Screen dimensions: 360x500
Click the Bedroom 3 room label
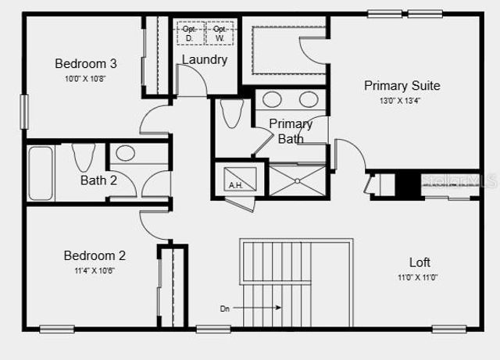(85, 63)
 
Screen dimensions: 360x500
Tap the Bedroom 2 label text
(95, 255)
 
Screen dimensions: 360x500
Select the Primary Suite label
(402, 85)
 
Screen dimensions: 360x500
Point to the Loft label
(420, 262)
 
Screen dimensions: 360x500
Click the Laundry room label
(205, 59)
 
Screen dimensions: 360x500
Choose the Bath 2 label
(98, 180)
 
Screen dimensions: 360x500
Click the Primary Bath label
(291, 131)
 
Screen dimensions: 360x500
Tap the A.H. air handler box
(234, 185)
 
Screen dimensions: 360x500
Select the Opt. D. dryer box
(190, 33)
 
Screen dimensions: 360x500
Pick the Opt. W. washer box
(220, 33)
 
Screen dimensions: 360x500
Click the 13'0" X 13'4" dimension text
(402, 101)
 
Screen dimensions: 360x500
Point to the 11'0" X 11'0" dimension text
(419, 277)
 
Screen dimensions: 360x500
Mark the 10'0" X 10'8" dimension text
(85, 79)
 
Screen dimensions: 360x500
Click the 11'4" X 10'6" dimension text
(95, 270)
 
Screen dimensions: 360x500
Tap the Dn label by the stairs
(225, 308)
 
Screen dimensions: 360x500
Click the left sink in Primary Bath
(273, 99)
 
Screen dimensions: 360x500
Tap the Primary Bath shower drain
(297, 180)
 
